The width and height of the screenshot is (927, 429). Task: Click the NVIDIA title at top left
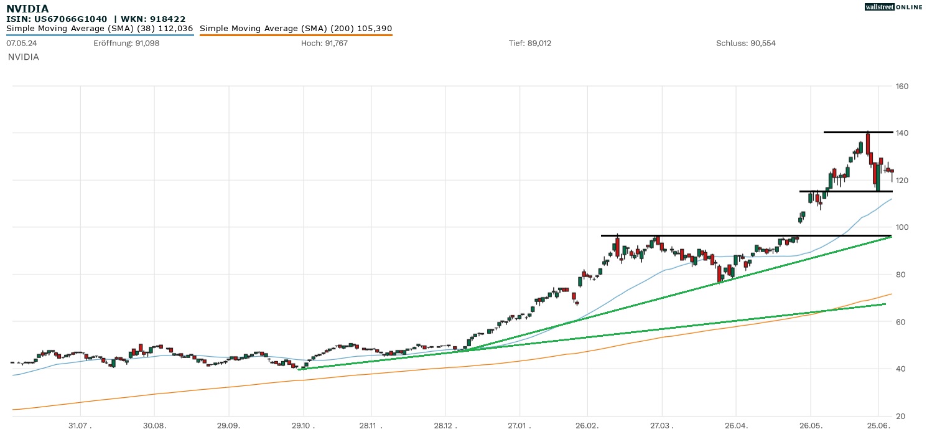coord(27,9)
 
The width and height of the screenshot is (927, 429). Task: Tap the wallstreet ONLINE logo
coord(893,7)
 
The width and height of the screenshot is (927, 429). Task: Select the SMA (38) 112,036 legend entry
coord(100,28)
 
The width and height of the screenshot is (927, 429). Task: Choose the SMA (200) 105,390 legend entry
coord(296,28)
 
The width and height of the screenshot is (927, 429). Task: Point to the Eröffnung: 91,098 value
coord(126,43)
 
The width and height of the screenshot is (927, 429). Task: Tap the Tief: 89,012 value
coord(529,43)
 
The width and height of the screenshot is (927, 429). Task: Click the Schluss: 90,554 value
coord(745,43)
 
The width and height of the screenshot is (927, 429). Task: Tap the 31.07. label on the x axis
coord(80,425)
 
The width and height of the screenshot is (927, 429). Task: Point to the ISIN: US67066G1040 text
coord(57,19)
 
